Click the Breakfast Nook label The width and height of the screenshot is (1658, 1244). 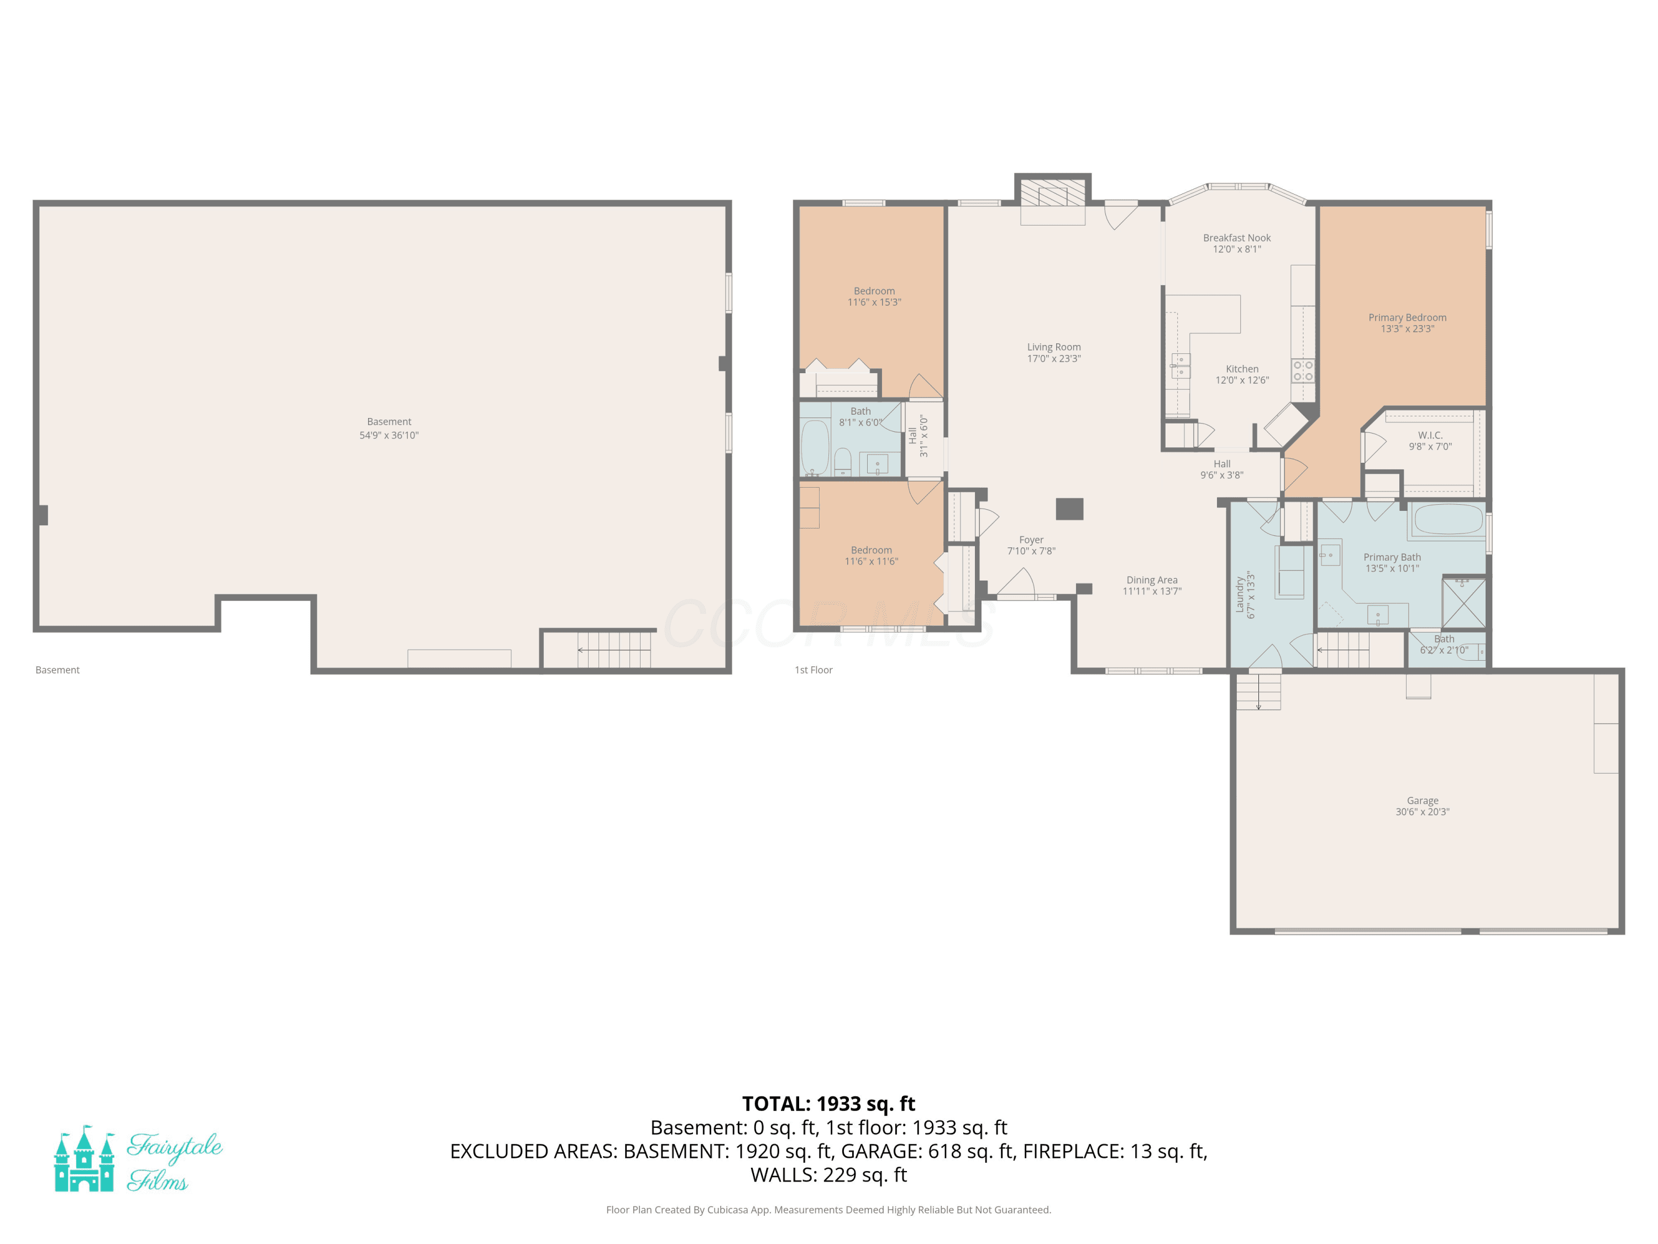click(x=1237, y=238)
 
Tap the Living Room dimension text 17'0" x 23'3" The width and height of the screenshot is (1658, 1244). click(x=1054, y=358)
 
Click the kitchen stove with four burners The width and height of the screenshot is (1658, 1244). click(x=1303, y=370)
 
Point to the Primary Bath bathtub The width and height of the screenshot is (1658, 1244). click(x=1448, y=520)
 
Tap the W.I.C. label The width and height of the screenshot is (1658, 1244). click(x=1430, y=435)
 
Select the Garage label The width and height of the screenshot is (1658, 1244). click(x=1423, y=800)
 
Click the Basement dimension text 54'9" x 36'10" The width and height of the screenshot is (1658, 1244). click(x=389, y=435)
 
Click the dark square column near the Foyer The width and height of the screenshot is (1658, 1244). click(x=1069, y=509)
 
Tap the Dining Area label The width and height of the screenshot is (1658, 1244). click(x=1152, y=579)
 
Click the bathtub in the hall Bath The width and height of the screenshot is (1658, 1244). click(x=815, y=448)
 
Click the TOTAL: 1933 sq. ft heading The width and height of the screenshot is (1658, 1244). click(x=828, y=1104)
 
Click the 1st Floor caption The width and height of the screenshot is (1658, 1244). click(x=814, y=670)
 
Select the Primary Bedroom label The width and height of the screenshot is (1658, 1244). click(x=1408, y=317)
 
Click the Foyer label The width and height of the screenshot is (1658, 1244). click(x=1031, y=539)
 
